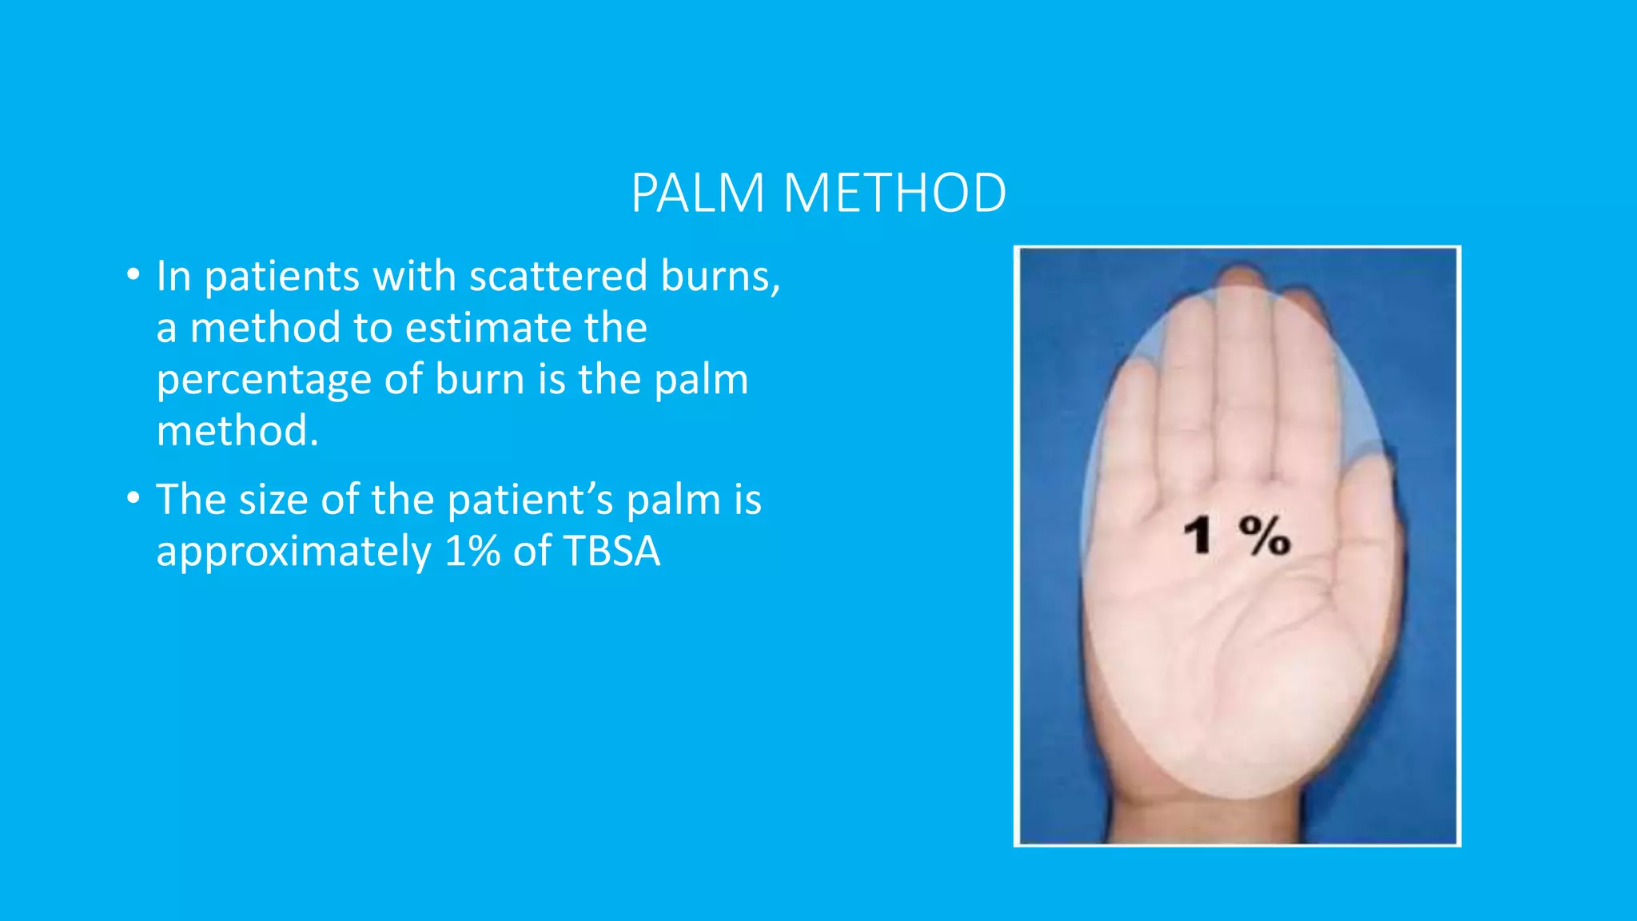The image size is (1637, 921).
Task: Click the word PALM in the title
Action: click(697, 193)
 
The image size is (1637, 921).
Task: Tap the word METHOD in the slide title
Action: click(894, 193)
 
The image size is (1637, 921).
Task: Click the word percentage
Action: click(264, 381)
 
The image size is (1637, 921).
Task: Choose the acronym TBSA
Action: click(611, 551)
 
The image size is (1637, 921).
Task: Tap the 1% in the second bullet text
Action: click(472, 551)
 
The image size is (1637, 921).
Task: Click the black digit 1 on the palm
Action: click(1198, 536)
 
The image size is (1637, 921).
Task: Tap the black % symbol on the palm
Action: click(1265, 536)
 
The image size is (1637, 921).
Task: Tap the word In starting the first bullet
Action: click(173, 277)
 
